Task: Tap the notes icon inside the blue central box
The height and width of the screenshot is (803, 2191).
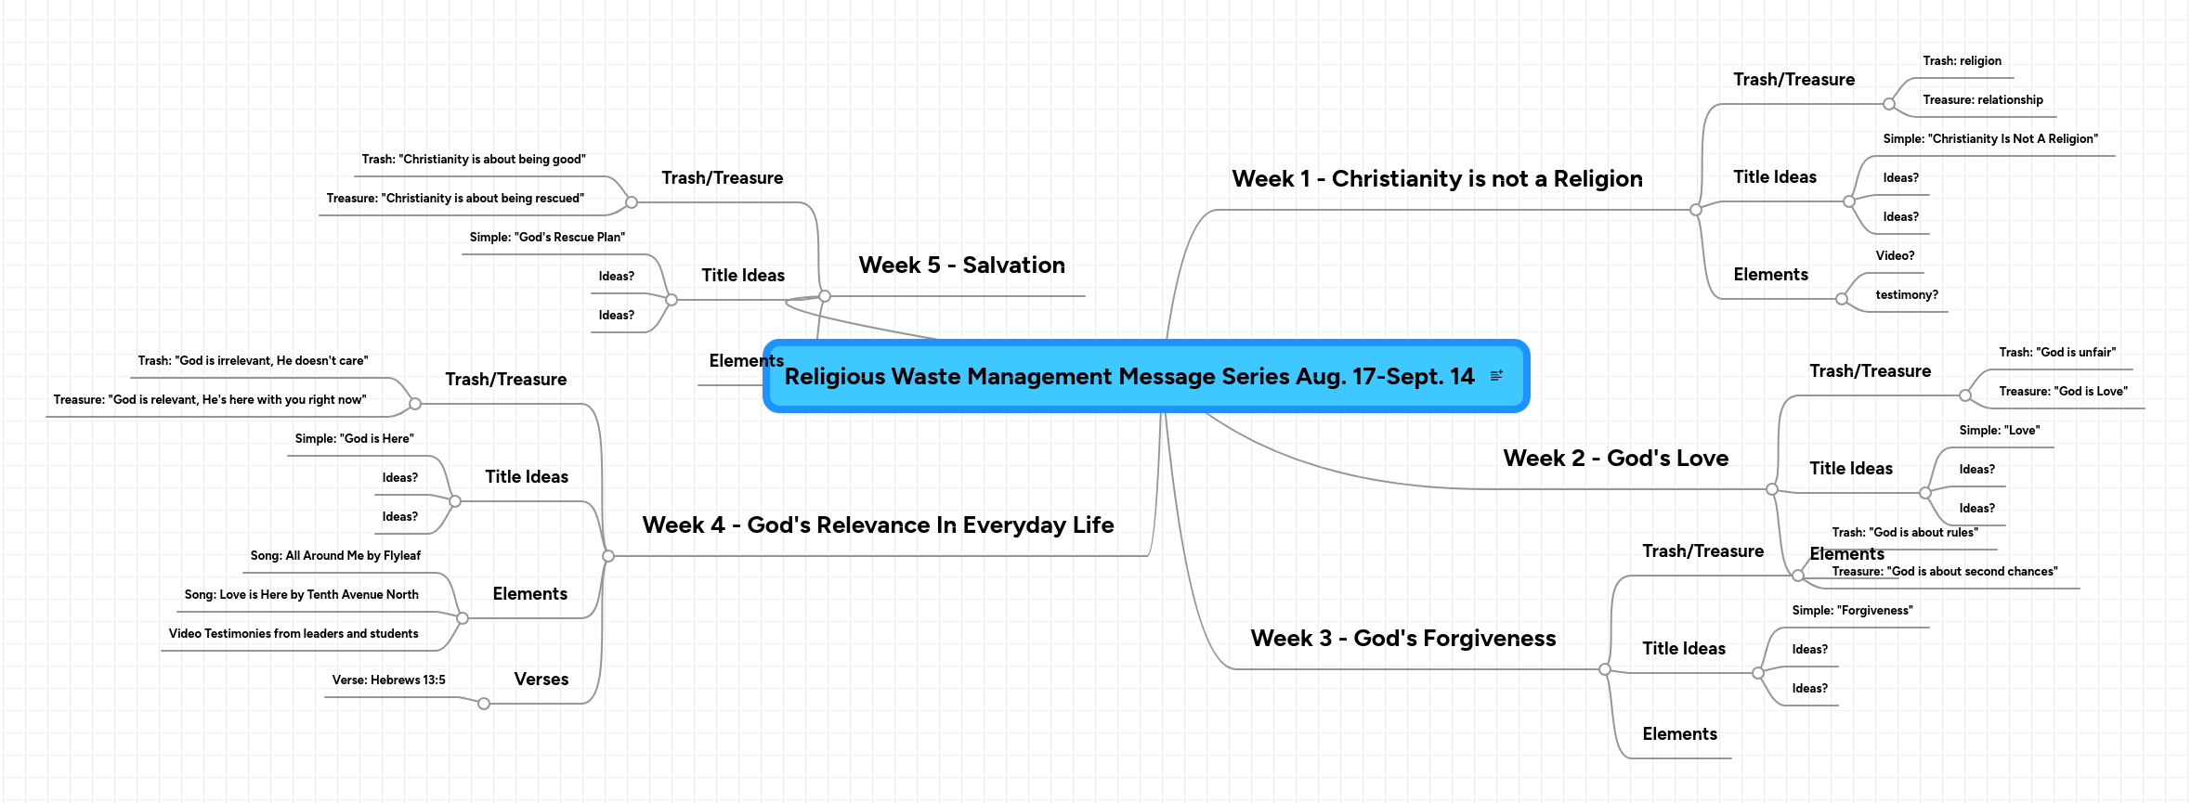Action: point(1496,376)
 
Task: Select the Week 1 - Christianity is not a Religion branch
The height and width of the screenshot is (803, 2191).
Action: point(1437,179)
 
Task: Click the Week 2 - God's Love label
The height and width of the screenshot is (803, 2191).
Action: point(1616,459)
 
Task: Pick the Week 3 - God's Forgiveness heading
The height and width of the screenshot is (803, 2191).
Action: point(1403,639)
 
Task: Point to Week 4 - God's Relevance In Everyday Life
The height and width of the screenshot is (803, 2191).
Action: point(878,525)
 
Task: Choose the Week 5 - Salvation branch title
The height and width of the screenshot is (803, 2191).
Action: point(961,266)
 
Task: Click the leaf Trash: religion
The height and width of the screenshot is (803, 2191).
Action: point(1962,61)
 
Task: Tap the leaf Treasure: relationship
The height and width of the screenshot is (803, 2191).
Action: point(1983,100)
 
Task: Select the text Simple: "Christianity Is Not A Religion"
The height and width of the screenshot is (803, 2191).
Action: point(1990,139)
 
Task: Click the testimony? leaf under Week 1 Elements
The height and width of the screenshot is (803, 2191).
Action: point(1907,295)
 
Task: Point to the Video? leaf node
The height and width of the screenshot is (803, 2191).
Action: point(1895,256)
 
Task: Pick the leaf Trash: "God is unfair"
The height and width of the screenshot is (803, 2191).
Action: point(2057,353)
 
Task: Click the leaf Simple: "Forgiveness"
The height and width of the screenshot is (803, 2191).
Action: point(1852,611)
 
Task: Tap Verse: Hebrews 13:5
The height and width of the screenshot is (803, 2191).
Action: point(389,680)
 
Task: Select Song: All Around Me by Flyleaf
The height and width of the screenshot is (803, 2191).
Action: point(335,556)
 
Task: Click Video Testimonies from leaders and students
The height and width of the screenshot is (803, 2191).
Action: point(293,634)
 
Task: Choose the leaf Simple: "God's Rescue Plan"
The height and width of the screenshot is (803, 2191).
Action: point(547,238)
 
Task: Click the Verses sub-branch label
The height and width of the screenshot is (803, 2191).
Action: point(541,680)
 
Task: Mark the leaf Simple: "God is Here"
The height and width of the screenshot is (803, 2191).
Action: point(354,439)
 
